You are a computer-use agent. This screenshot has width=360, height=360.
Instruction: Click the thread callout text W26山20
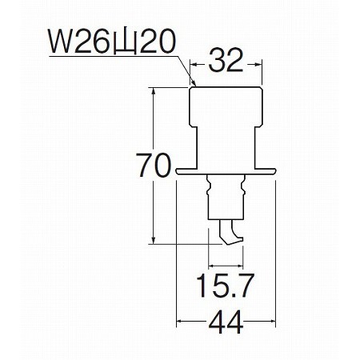pyautogui.click(x=112, y=42)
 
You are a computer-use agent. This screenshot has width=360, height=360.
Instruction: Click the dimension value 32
pyautogui.click(x=226, y=61)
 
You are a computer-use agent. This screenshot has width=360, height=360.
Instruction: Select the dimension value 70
pyautogui.click(x=153, y=166)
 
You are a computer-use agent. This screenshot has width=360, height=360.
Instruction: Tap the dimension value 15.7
pyautogui.click(x=226, y=286)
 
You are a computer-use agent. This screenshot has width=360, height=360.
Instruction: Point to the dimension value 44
pyautogui.click(x=226, y=322)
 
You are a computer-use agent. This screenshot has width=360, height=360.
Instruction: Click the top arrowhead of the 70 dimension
pyautogui.click(x=153, y=91)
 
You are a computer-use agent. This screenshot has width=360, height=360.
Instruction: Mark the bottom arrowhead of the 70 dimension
pyautogui.click(x=153, y=240)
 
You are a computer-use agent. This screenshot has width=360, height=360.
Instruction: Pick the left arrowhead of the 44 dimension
pyautogui.click(x=180, y=321)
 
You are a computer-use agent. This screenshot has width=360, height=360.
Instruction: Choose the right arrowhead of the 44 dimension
pyautogui.click(x=271, y=321)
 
